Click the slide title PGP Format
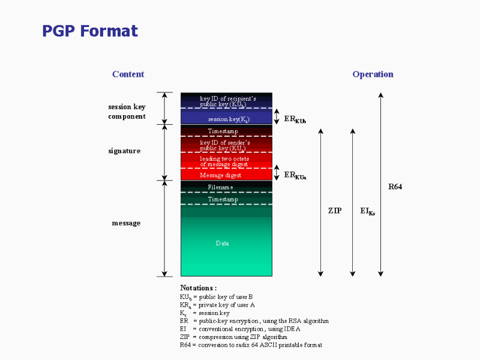point(90,31)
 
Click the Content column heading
point(128,74)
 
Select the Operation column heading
point(373,74)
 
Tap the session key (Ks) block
point(227,116)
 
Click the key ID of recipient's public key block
point(227,100)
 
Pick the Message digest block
point(227,174)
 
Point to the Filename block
point(227,187)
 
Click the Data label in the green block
point(222,244)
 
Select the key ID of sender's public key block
point(227,144)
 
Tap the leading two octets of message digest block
point(227,160)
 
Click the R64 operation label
point(395,187)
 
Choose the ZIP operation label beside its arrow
point(335,211)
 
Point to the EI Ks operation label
point(368,211)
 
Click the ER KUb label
point(295,119)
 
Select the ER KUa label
point(295,175)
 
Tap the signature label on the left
point(124,151)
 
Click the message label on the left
point(126,223)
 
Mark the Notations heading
point(199,288)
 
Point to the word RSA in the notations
point(295,321)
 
